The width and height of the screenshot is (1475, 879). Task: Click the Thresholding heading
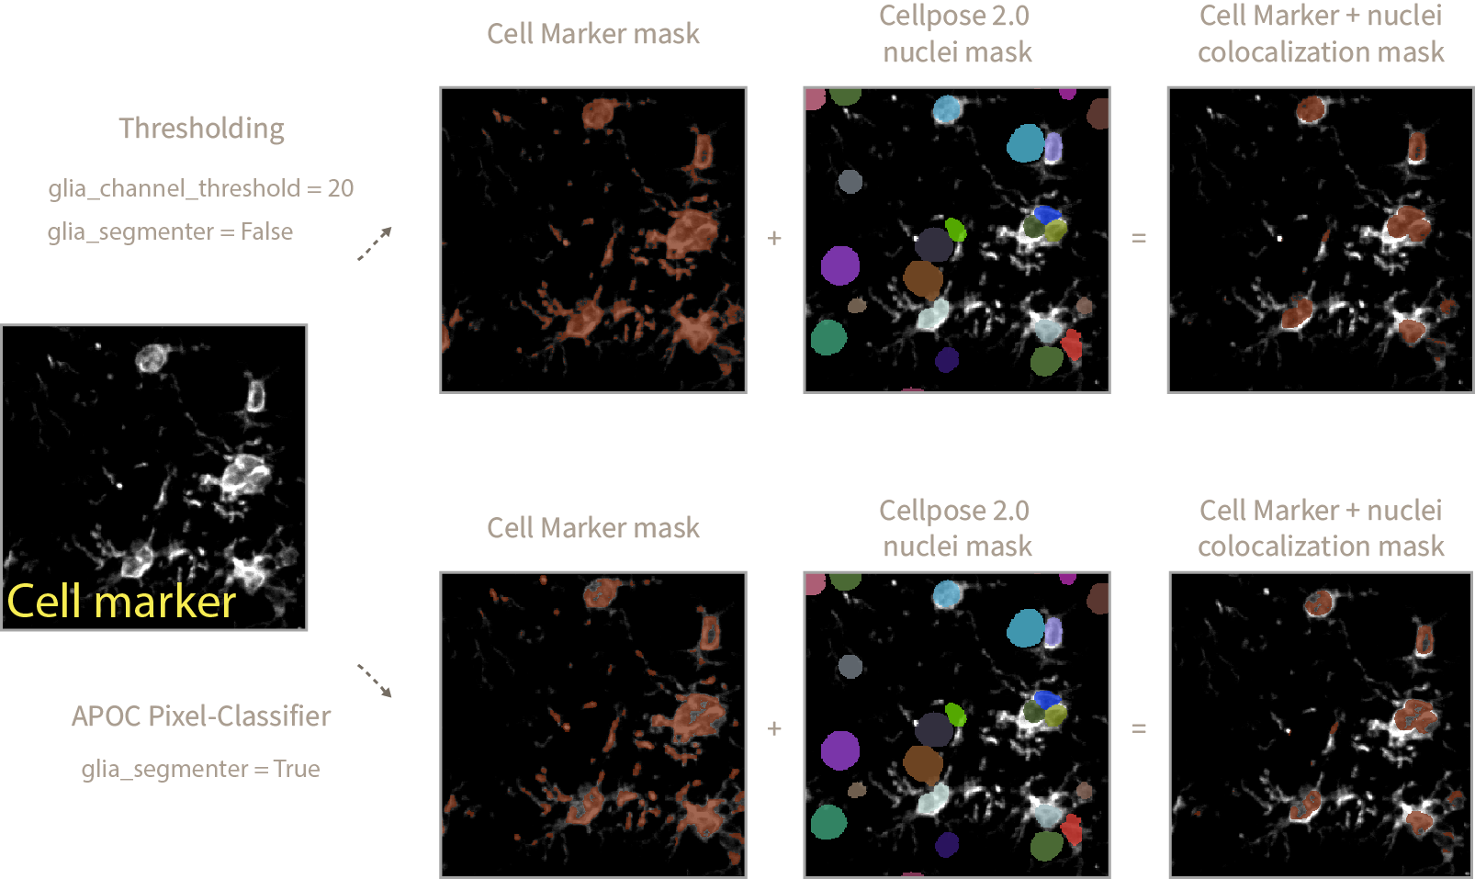click(x=201, y=129)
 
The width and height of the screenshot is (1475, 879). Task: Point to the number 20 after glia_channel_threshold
click(x=341, y=188)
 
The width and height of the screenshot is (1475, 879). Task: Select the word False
click(x=266, y=231)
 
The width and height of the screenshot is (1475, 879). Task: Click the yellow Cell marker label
click(x=121, y=602)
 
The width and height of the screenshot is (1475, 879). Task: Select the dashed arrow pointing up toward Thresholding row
click(x=375, y=243)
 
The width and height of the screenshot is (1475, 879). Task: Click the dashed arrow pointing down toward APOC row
click(x=375, y=681)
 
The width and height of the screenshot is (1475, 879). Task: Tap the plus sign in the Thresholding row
click(x=774, y=238)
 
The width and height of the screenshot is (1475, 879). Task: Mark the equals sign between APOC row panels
click(x=1139, y=728)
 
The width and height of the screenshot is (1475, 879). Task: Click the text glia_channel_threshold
click(x=174, y=188)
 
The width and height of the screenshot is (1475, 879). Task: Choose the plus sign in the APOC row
click(x=774, y=728)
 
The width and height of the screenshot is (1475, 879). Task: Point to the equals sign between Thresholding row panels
click(x=1139, y=238)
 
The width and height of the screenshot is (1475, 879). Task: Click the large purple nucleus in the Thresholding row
click(x=839, y=265)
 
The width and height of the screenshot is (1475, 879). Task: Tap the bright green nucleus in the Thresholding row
click(x=956, y=228)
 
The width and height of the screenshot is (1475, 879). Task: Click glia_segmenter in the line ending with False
click(x=130, y=231)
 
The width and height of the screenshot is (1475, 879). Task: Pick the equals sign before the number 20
click(x=314, y=188)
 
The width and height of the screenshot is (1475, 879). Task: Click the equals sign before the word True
click(x=261, y=769)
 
